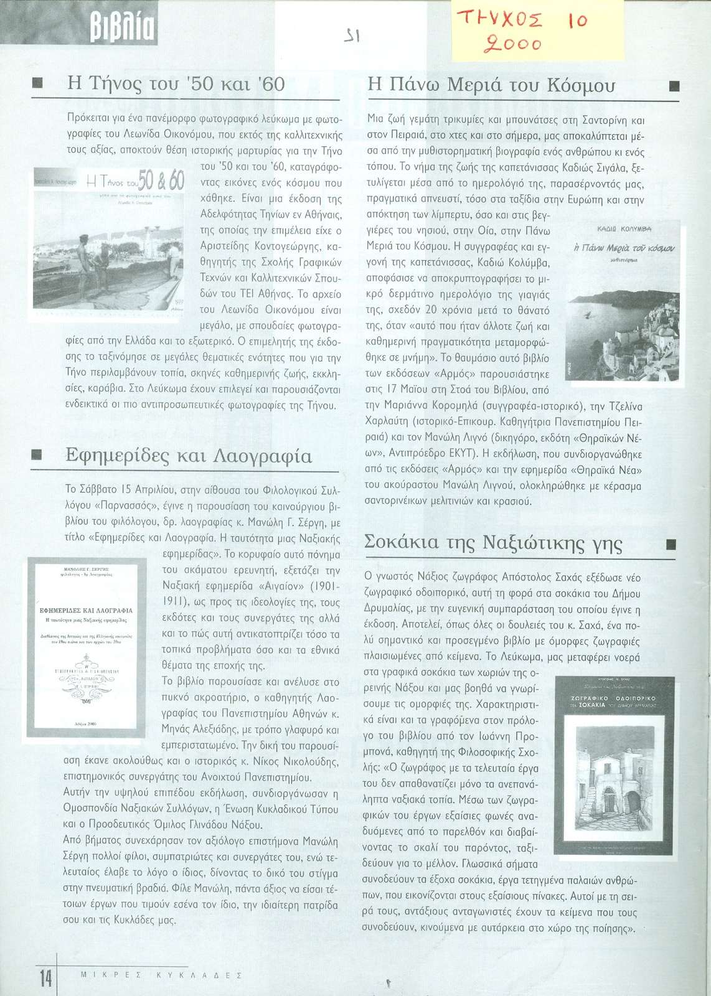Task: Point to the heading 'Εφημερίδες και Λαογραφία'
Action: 189,456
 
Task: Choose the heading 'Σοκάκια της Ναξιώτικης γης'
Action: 493,543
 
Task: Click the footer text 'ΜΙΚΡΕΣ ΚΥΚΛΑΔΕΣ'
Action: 161,975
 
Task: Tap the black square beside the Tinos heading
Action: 37,84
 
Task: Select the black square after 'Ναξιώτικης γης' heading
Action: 671,544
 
